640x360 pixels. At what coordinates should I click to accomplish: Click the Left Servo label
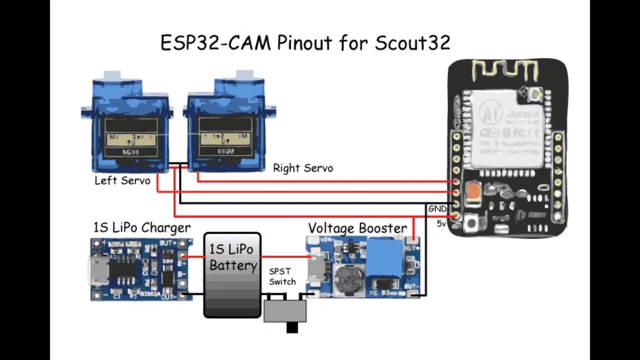click(x=122, y=181)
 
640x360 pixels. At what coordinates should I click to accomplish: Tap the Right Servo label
click(x=302, y=168)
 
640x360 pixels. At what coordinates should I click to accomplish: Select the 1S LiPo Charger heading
click(x=142, y=228)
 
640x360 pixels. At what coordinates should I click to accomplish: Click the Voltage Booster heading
click(x=357, y=228)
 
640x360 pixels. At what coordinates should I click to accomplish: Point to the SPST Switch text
click(x=282, y=276)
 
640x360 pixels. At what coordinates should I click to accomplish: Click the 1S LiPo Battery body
click(x=233, y=275)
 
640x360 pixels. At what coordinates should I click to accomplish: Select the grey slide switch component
click(x=285, y=312)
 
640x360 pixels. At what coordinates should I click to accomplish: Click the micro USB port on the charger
click(x=96, y=271)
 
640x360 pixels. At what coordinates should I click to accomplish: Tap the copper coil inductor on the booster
click(x=348, y=281)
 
